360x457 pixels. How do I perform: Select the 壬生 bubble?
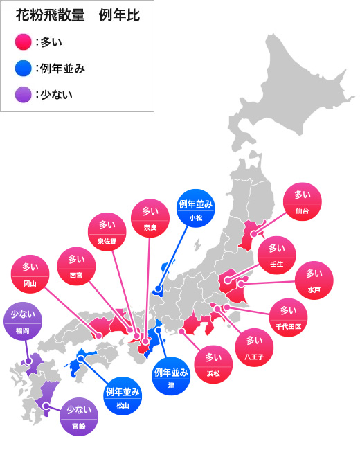[x=276, y=255]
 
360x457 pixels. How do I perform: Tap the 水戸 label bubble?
[x=314, y=280]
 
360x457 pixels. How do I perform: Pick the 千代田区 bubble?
[x=289, y=316]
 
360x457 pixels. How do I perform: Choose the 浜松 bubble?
[x=213, y=365]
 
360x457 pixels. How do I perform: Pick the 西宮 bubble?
[x=75, y=267]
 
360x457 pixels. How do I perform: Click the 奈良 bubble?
[x=150, y=218]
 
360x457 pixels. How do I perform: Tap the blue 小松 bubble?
[x=196, y=208]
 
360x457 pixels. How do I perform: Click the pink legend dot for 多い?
[x=24, y=42]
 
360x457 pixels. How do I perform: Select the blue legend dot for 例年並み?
[x=24, y=68]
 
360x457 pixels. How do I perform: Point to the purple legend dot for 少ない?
[x=24, y=93]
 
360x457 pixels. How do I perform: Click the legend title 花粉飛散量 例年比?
[x=78, y=16]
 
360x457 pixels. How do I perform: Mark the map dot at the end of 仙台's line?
[x=253, y=234]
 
